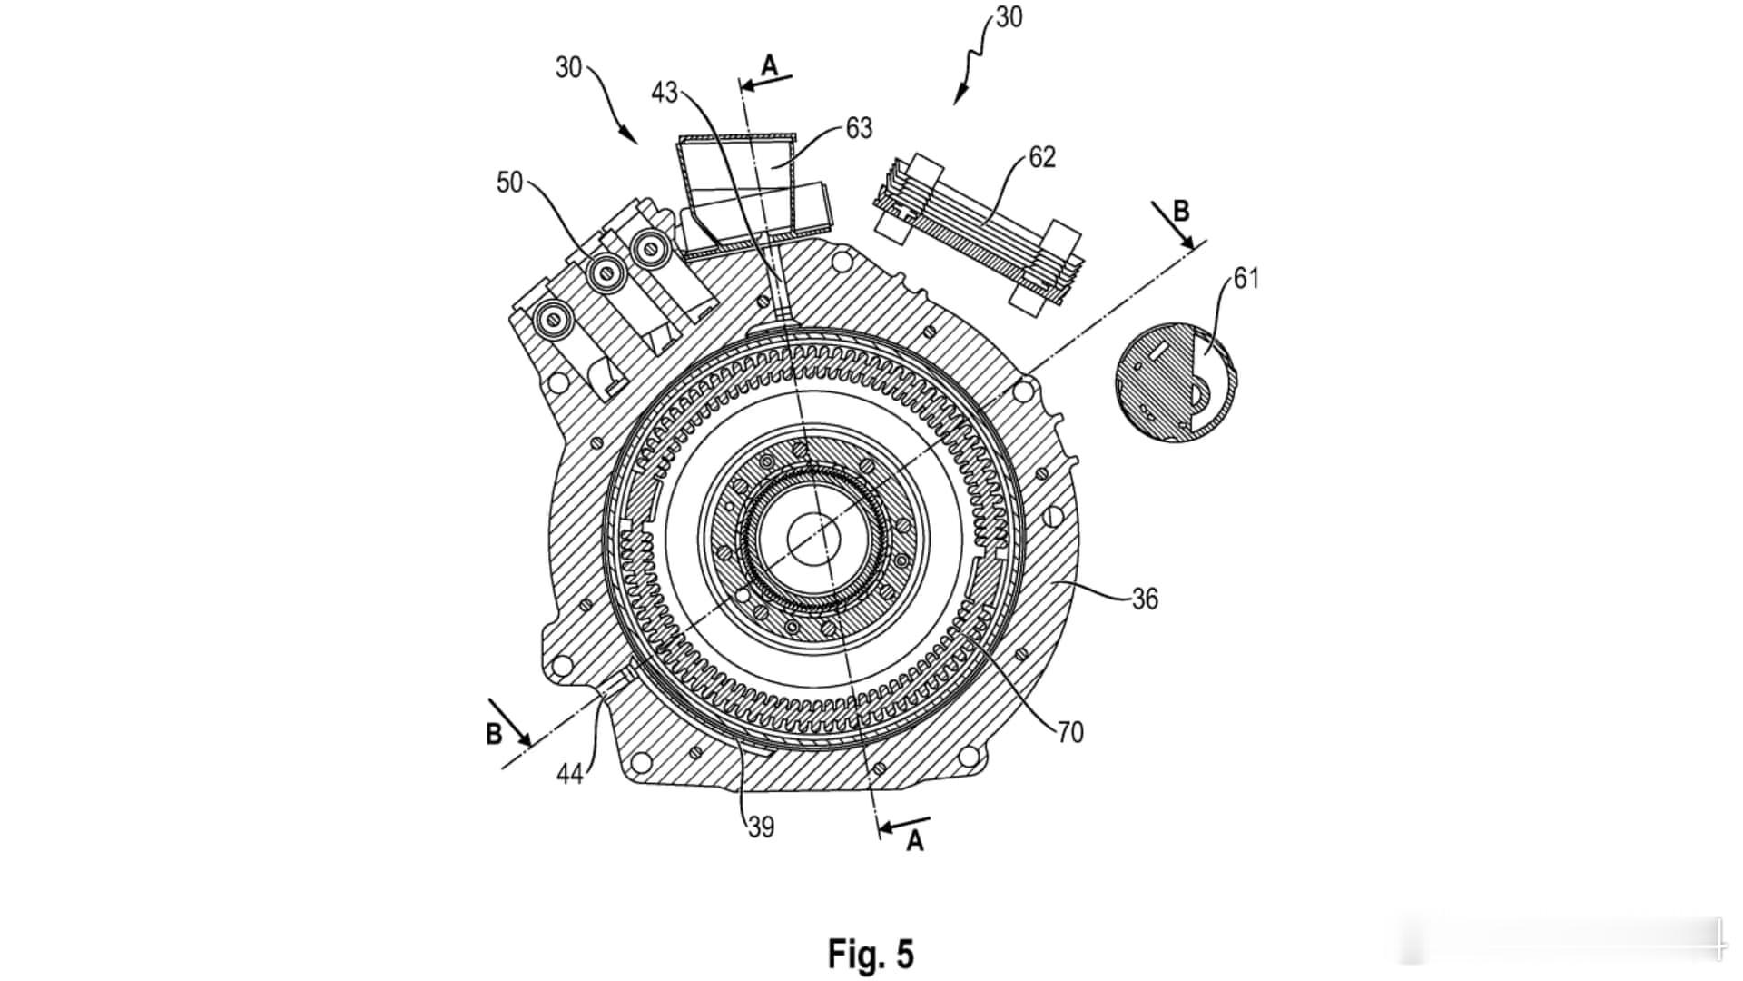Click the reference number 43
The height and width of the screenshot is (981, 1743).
coord(665,93)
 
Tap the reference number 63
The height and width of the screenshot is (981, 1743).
coord(859,128)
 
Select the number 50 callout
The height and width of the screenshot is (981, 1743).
coord(510,183)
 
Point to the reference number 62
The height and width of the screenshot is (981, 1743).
coord(1042,157)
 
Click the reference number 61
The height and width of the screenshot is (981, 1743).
coord(1246,278)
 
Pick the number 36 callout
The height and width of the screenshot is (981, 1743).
coord(1145,599)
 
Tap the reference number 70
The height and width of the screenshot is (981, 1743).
coord(1070,732)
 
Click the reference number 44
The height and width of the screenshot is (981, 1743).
coord(570,774)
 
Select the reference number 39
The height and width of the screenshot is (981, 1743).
coord(761,827)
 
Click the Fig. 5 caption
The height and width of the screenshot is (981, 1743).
coord(871,954)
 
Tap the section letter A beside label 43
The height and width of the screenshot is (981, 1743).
coord(769,65)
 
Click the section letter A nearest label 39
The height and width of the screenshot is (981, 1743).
coord(915,842)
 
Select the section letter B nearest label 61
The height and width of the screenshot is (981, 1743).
coord(1181,212)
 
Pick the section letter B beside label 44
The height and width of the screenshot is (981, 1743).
coord(494,734)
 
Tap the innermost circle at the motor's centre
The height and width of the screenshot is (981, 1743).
coord(813,540)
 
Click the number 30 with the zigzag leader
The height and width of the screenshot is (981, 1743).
coord(1009,17)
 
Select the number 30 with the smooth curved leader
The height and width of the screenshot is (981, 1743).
coord(568,68)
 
